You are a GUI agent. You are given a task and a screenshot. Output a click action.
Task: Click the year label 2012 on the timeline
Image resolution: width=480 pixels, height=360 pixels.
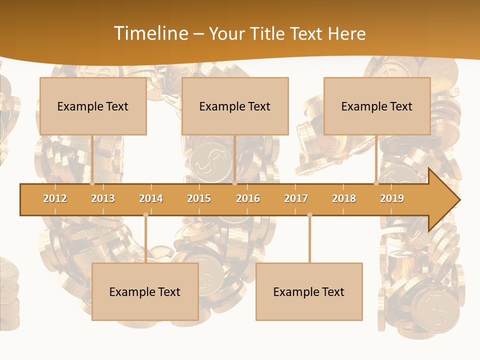coord(55,198)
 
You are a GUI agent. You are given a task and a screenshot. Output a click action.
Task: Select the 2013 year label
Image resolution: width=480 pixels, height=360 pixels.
coord(103,198)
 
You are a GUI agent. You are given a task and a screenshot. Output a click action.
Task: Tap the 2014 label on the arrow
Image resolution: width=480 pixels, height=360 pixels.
coord(151,198)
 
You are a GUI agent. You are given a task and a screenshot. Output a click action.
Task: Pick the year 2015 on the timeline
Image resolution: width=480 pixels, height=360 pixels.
coord(199,198)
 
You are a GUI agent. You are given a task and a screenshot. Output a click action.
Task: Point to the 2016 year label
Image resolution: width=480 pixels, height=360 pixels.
coord(248,198)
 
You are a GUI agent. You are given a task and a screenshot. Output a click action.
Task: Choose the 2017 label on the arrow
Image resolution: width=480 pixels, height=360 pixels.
coord(296,198)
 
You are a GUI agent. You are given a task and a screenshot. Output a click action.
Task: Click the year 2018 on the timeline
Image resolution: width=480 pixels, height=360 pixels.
coord(344,198)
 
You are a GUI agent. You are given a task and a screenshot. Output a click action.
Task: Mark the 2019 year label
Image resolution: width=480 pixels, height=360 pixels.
coord(392,198)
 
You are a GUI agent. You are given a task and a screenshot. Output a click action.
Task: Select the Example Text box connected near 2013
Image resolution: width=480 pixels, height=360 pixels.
coord(93,106)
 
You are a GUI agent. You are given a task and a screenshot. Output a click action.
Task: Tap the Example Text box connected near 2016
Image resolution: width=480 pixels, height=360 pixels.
coord(235,106)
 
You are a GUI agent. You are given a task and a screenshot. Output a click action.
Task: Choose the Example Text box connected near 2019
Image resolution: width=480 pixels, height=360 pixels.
coord(377,106)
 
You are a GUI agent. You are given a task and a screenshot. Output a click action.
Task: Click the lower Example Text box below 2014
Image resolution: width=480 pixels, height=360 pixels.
coord(145,291)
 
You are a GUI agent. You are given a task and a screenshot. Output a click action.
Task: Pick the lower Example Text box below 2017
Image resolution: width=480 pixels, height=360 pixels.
coord(309,291)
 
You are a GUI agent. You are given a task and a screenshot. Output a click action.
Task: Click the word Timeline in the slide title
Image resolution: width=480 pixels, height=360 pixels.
coord(150,33)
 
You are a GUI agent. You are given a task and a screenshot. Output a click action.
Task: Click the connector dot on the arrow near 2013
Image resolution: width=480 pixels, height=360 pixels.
coord(92,183)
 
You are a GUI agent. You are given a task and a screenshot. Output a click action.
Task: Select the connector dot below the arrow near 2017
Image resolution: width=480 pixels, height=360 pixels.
coord(309,215)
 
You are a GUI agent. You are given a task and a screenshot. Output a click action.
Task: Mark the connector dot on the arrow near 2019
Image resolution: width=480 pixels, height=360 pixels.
coord(376,183)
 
